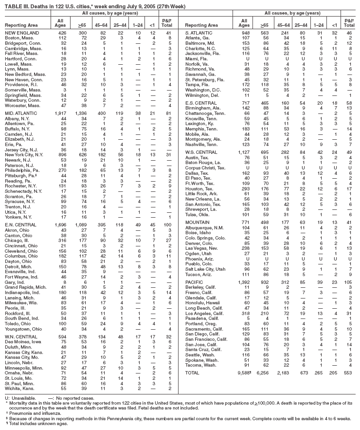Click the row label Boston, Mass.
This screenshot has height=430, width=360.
coord(17,37)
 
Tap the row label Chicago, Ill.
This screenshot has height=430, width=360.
coord(18,240)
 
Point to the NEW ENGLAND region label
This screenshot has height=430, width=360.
coord(19,33)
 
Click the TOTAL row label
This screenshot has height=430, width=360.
coord(193,372)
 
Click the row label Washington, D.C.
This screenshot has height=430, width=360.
coord(202,90)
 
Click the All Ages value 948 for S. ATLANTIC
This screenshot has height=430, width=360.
coord(243,33)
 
